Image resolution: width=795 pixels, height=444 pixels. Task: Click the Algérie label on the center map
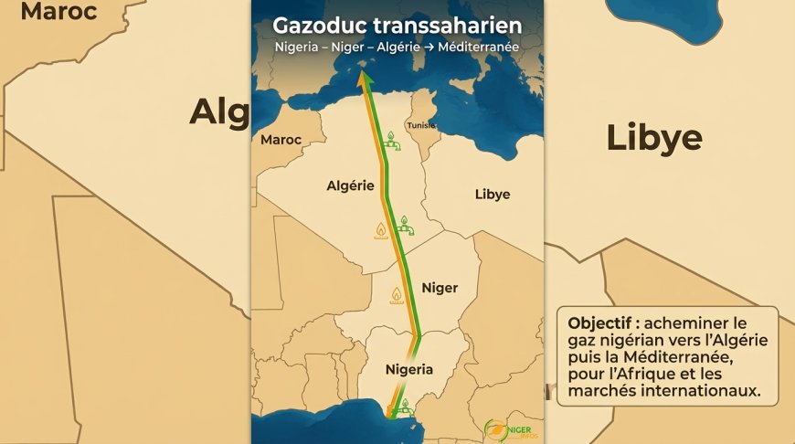pyautogui.click(x=351, y=185)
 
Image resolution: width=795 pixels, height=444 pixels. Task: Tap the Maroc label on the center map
pyautogui.click(x=281, y=140)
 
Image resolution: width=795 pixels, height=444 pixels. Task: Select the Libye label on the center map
pyautogui.click(x=493, y=194)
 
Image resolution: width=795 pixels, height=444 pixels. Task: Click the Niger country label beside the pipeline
pyautogui.click(x=440, y=288)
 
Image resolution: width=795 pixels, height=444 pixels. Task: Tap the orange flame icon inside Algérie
pyautogui.click(x=381, y=229)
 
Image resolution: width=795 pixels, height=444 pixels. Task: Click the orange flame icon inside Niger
pyautogui.click(x=397, y=295)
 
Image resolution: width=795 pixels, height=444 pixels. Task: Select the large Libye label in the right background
pyautogui.click(x=654, y=138)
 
